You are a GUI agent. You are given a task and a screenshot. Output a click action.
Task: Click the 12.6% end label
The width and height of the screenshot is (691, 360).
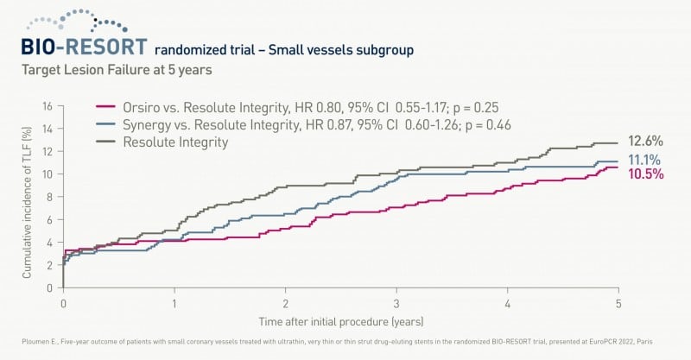click(x=646, y=142)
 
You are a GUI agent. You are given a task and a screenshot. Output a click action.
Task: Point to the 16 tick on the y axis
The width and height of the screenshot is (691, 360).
click(x=48, y=106)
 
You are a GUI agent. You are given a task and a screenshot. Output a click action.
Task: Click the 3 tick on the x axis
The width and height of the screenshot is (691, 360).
click(x=396, y=306)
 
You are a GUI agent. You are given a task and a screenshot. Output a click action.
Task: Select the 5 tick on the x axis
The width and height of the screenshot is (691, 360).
click(x=618, y=306)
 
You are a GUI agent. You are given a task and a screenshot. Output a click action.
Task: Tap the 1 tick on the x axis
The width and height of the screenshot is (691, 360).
click(x=174, y=306)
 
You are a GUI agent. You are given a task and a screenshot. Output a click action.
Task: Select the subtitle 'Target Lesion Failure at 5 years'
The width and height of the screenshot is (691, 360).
click(x=113, y=71)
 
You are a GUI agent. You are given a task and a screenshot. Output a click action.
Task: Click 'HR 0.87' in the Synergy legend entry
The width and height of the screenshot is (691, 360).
click(x=313, y=124)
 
